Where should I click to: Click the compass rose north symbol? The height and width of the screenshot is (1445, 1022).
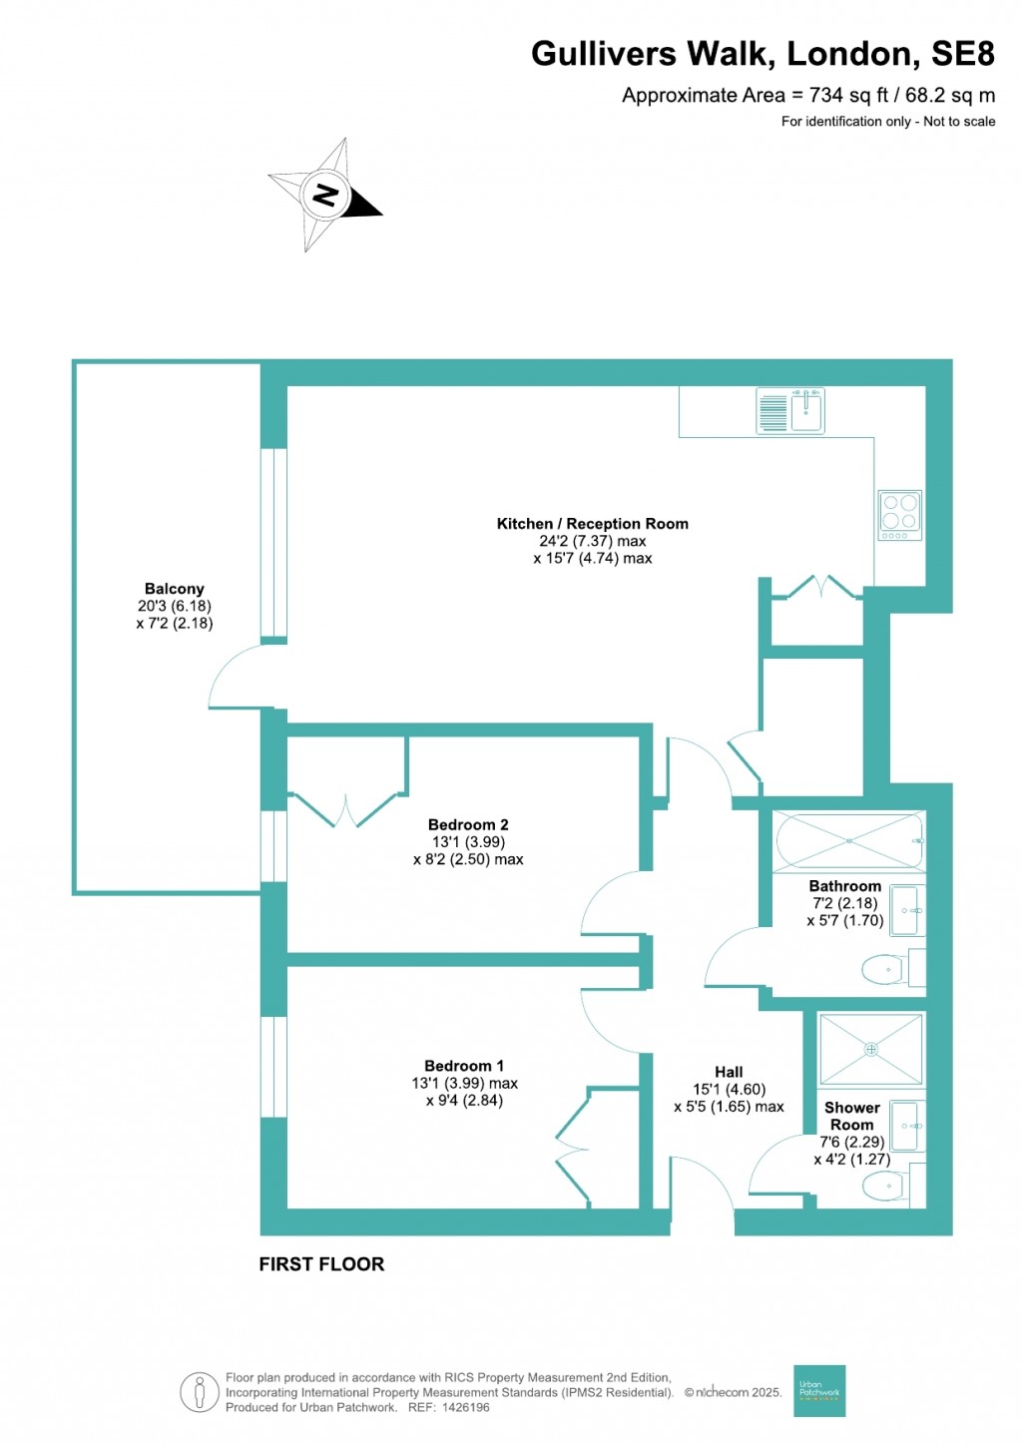point(325,195)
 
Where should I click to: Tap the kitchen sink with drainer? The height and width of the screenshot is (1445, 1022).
point(790,411)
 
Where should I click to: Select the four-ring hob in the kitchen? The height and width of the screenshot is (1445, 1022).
point(899,515)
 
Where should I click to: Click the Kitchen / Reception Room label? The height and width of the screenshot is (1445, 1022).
point(592,524)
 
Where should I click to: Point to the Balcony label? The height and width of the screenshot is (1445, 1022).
point(174,589)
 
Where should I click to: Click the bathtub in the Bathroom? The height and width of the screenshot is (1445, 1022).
point(849,841)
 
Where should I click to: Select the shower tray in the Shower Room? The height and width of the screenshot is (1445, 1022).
point(870,1049)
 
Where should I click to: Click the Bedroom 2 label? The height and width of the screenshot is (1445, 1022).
point(468,824)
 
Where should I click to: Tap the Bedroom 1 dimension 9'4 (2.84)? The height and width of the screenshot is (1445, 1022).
point(464,1101)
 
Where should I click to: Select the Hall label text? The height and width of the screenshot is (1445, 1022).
point(729,1072)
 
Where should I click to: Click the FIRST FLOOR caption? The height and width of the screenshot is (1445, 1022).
point(321,1264)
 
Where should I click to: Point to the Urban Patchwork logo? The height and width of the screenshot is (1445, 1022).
point(819,1390)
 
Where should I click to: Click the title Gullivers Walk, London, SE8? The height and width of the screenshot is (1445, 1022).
point(763,54)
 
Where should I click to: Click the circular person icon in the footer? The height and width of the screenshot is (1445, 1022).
point(200,1392)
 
